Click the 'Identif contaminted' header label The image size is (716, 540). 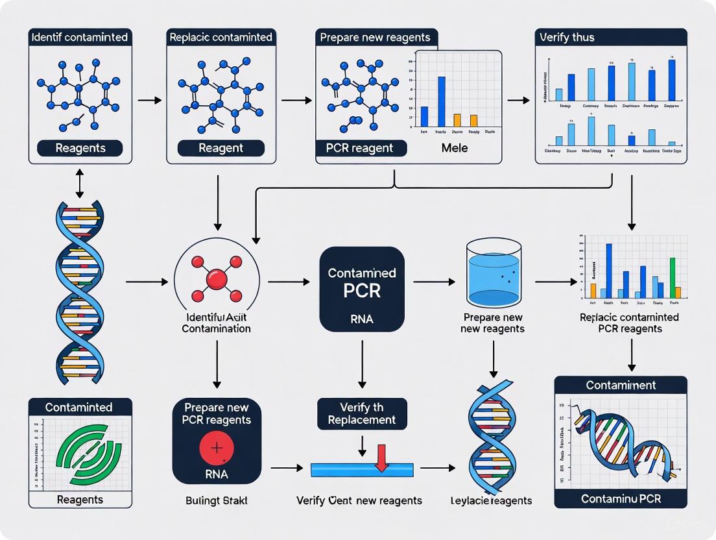click(x=80, y=37)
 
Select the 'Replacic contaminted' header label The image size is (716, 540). click(x=221, y=37)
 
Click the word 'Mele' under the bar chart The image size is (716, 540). click(x=454, y=148)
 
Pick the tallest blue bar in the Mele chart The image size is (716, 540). click(x=442, y=101)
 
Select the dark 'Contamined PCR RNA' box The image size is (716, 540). click(x=362, y=289)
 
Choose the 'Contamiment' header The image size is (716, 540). click(x=621, y=385)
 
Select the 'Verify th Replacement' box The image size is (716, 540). click(x=362, y=413)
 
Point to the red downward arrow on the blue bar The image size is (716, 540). click(x=381, y=458)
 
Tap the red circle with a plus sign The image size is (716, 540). click(x=217, y=448)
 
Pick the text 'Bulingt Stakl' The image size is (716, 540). click(x=217, y=500)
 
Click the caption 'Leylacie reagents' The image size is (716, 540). click(x=491, y=500)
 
